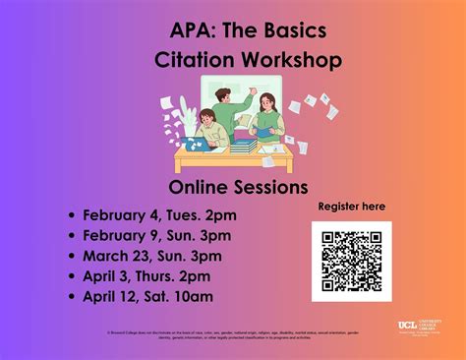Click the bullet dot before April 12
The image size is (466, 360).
pyautogui.click(x=72, y=297)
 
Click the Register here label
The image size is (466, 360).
pyautogui.click(x=352, y=207)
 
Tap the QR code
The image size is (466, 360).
pyautogui.click(x=351, y=261)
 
